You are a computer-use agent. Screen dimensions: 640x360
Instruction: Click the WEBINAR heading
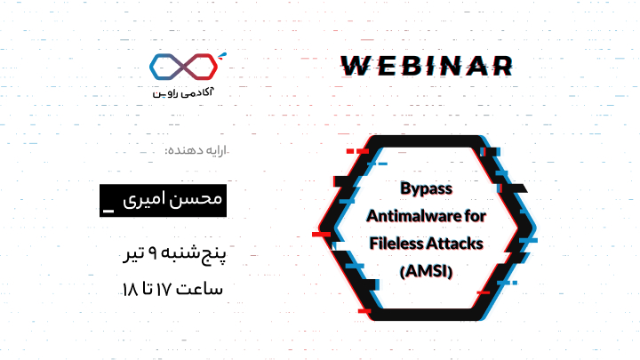pos(427,66)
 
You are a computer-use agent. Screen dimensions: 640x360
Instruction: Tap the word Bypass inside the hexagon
pos(426,188)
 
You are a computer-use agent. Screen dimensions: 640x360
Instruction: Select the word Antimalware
pos(413,215)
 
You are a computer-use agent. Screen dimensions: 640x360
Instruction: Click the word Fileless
pos(396,244)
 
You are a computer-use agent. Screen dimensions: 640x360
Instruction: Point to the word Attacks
pos(455,244)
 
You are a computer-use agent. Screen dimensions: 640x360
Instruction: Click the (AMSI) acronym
pos(426,271)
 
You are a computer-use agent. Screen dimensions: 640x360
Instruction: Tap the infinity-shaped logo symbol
pos(183,67)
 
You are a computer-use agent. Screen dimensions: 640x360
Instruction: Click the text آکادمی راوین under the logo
pos(183,92)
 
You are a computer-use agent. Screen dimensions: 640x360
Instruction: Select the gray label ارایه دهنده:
pos(196,150)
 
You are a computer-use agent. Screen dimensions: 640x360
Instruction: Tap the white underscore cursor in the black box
pos(108,211)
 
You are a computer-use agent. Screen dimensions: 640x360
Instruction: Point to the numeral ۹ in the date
pos(152,253)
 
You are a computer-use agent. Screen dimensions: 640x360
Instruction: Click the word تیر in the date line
pos(133,254)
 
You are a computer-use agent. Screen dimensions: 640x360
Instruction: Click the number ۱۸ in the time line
pos(130,290)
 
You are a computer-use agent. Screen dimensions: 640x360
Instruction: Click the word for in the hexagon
pos(475,215)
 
